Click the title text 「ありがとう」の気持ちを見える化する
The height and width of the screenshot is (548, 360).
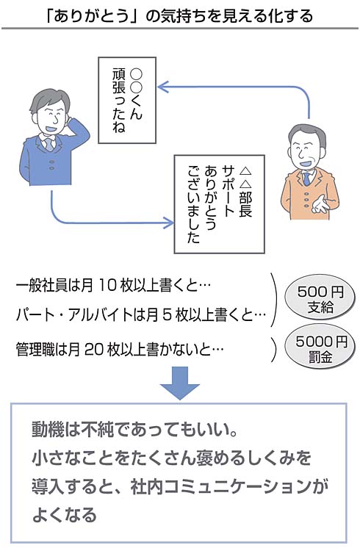coord(179,15)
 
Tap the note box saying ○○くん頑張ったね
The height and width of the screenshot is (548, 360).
coord(127,101)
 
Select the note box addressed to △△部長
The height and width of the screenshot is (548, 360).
coord(219,204)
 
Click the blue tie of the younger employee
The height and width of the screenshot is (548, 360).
coord(49,144)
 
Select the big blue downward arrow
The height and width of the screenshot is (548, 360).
coord(180,383)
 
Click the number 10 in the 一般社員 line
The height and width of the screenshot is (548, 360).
coord(107,286)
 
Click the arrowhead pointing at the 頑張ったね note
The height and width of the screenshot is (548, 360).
coord(162,87)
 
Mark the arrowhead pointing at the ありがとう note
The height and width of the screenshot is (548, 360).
coord(168,223)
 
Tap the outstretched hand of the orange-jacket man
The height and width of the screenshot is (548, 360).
coord(319,203)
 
